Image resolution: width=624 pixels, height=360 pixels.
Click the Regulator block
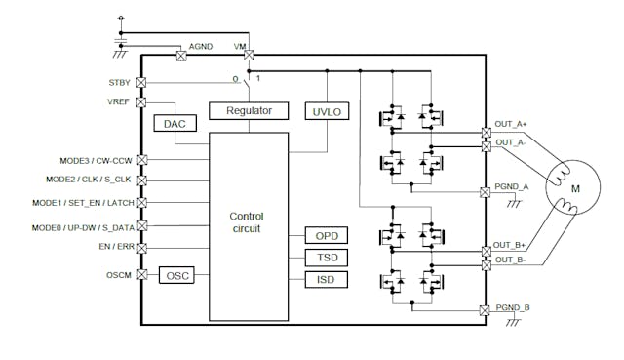coord(249,110)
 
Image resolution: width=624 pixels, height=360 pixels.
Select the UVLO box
coord(324,110)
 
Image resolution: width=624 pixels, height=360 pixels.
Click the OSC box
coord(176,275)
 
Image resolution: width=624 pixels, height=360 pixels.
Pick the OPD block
coord(326,235)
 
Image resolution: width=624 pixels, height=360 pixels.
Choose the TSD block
coord(326,258)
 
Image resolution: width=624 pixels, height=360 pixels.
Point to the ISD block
coord(326,280)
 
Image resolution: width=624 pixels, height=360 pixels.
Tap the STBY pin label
coord(119,83)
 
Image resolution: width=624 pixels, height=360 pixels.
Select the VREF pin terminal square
coord(142,102)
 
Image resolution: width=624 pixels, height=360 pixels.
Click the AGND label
coord(201,46)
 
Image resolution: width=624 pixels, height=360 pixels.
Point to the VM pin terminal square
coord(249,56)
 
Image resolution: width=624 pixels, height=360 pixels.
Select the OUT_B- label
coord(511,260)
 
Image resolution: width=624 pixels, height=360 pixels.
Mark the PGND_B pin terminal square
coord(486,309)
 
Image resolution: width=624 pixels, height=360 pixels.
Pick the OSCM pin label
coord(118,275)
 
